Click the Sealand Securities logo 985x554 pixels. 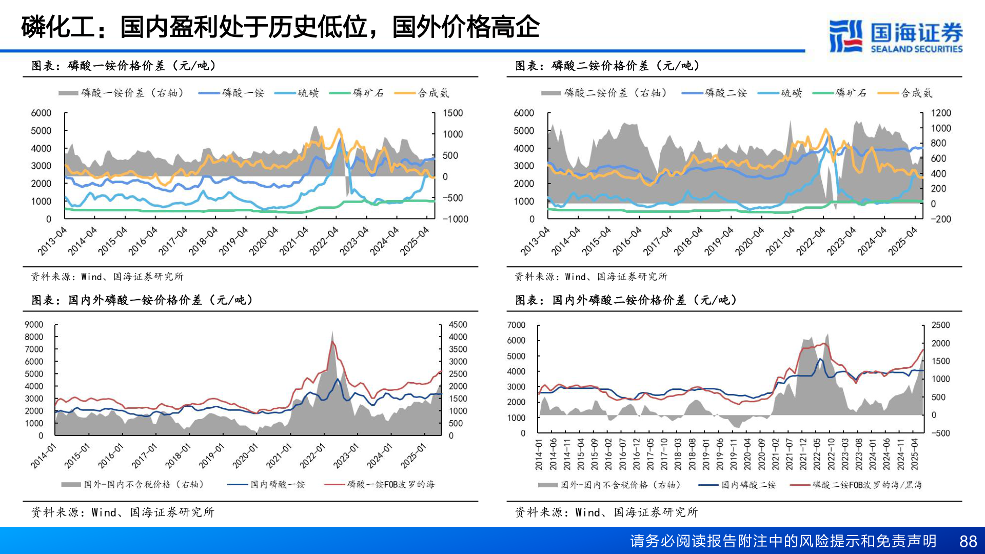(896, 36)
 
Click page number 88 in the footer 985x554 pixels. (968, 541)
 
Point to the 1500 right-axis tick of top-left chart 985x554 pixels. (452, 113)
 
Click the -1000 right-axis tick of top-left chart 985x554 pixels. (455, 219)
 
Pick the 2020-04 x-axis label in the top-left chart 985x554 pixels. (263, 241)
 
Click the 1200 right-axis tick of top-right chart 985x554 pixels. (940, 113)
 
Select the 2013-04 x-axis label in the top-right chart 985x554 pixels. (535, 241)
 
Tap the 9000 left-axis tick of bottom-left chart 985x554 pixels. (34, 325)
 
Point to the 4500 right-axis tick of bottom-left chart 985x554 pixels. (458, 325)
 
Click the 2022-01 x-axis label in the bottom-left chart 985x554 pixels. (312, 456)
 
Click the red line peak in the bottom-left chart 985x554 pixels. (332, 341)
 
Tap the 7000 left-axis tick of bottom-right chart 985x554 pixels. (516, 325)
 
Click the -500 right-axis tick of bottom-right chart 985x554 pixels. (940, 433)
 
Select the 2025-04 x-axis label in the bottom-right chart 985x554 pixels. (914, 454)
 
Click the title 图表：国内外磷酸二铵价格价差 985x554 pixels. (626, 300)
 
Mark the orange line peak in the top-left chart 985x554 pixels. (338, 129)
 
